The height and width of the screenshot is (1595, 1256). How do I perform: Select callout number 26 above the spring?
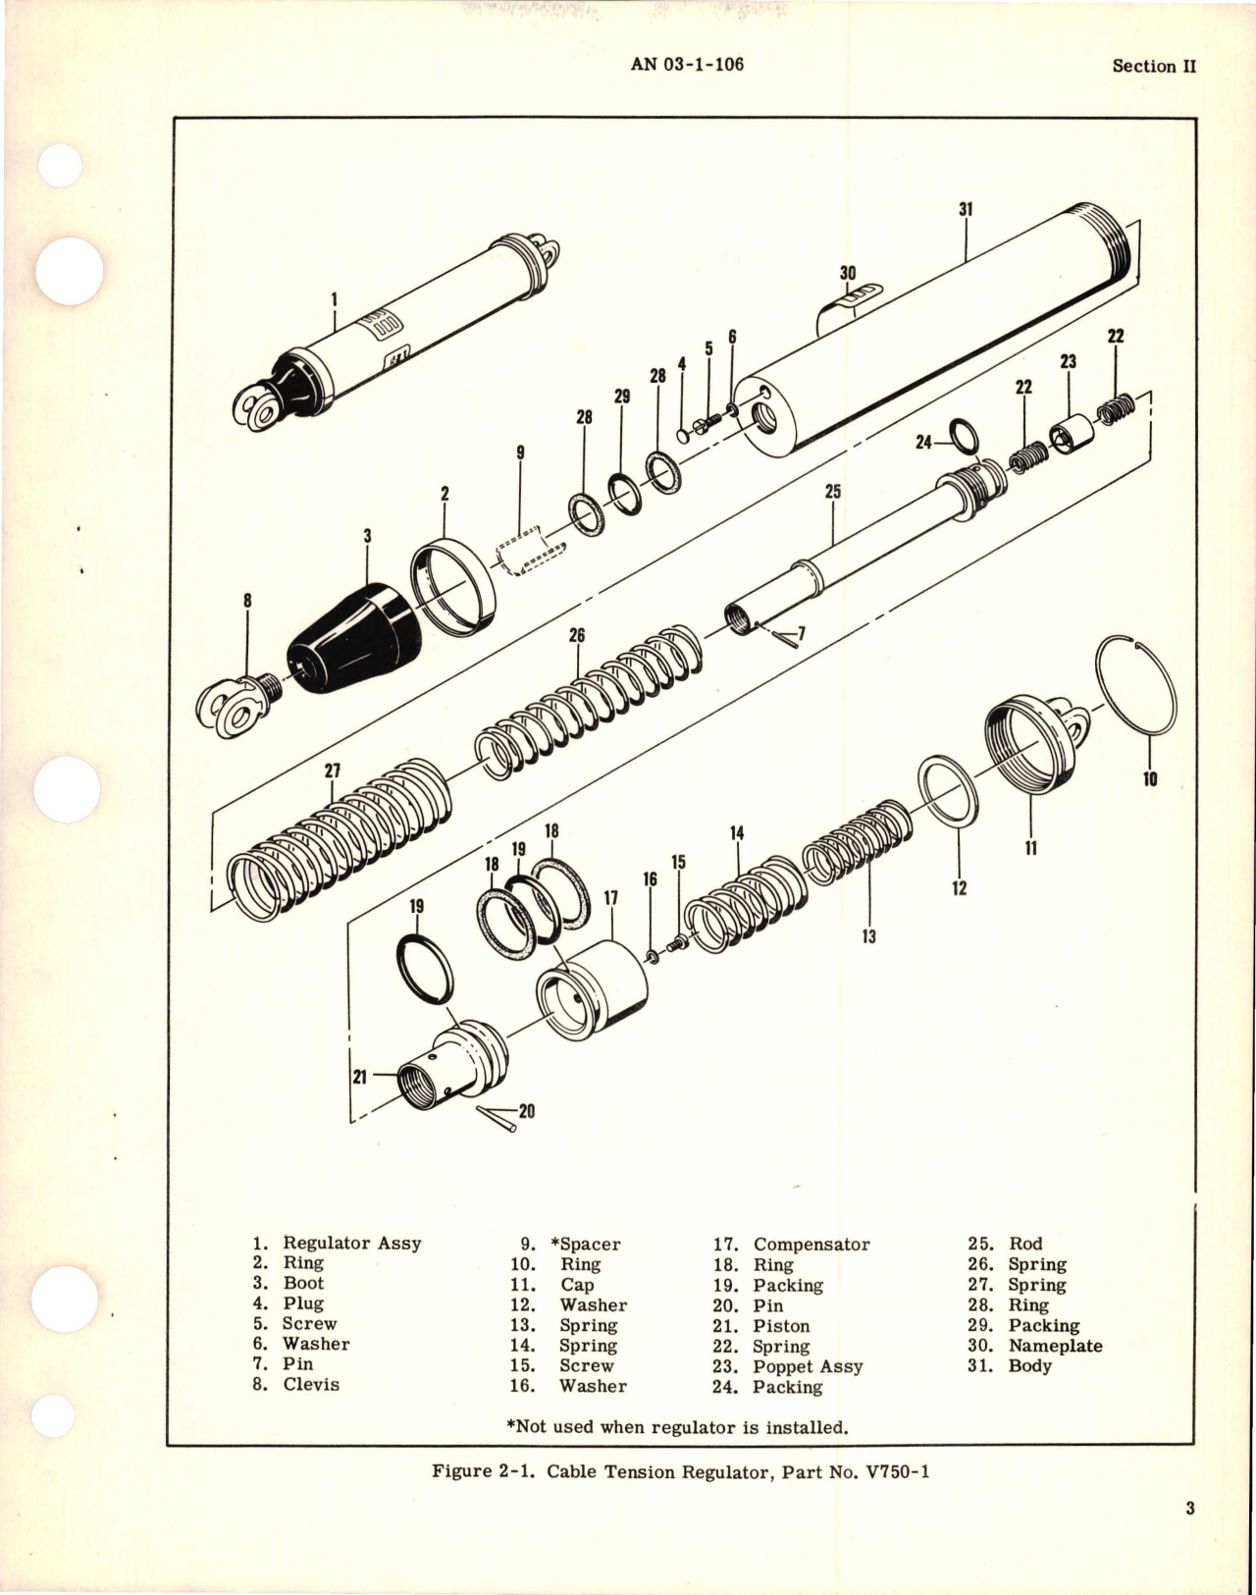click(577, 636)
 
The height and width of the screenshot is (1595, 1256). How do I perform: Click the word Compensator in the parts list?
click(811, 1245)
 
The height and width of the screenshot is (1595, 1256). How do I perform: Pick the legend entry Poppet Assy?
click(808, 1366)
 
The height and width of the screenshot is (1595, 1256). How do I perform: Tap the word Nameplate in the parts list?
click(1055, 1346)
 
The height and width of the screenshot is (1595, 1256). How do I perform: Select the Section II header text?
click(1154, 66)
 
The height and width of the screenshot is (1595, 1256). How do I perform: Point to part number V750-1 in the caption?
click(890, 1471)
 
